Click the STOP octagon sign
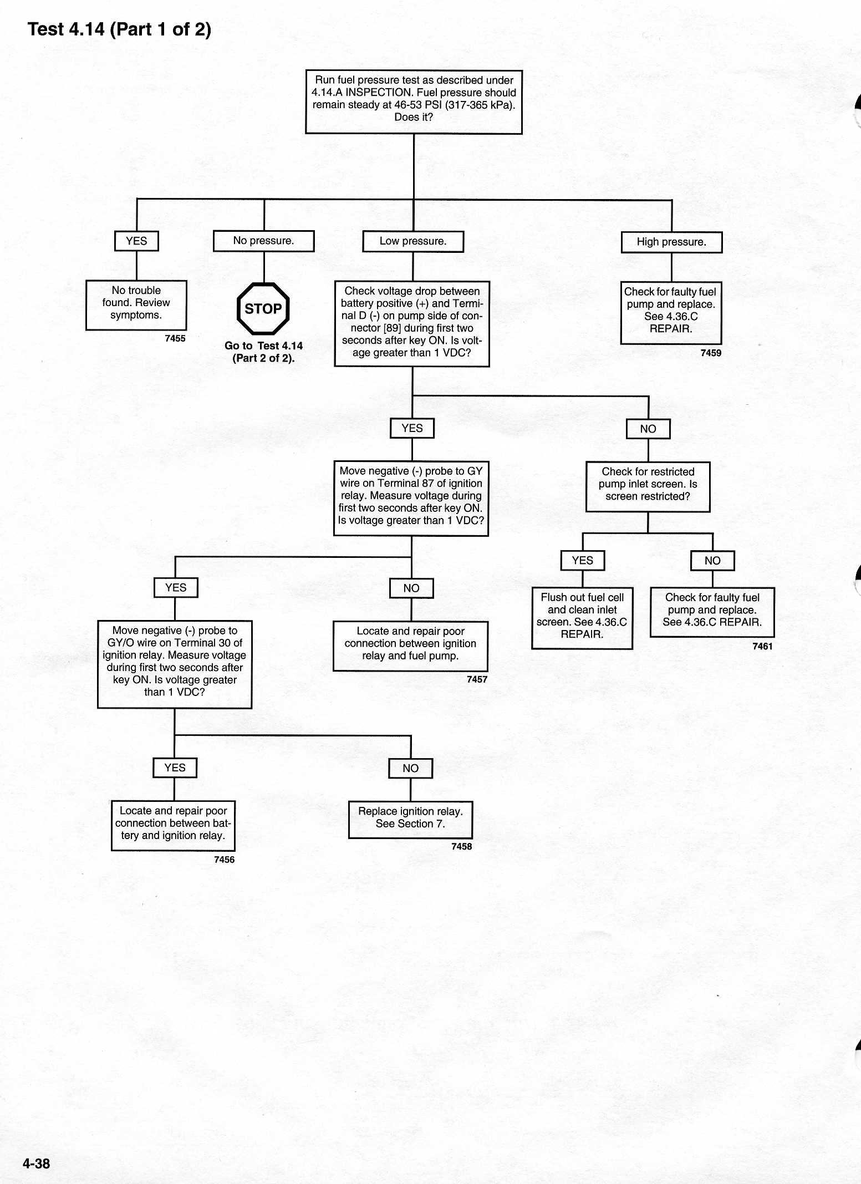click(263, 309)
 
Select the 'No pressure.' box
click(264, 241)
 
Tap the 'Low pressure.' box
click(413, 242)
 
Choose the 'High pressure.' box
click(671, 242)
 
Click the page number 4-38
click(36, 1163)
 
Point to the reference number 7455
click(175, 338)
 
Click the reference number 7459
click(711, 353)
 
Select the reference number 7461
click(762, 646)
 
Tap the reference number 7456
click(224, 860)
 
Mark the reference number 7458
click(461, 846)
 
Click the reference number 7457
click(477, 679)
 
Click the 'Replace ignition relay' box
click(410, 820)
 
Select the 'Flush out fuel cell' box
click(582, 618)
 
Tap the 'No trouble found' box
click(136, 305)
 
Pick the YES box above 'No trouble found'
click(136, 241)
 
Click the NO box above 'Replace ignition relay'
click(410, 769)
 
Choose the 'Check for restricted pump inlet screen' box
click(648, 487)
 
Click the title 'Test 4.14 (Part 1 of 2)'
click(119, 29)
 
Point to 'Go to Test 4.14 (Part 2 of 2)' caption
click(263, 352)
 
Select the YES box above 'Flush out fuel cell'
click(582, 561)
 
